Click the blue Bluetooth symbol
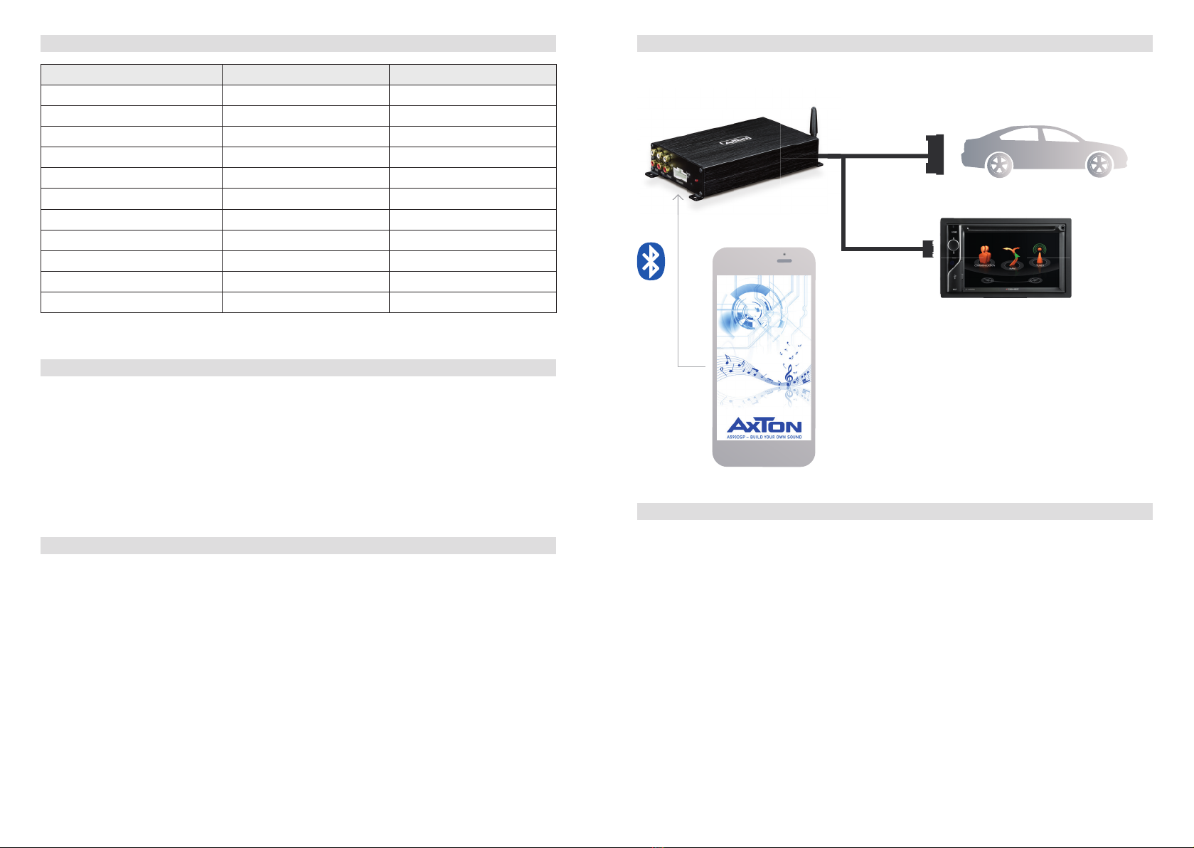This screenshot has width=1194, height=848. click(x=650, y=262)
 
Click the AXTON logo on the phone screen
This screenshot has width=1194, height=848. click(x=764, y=425)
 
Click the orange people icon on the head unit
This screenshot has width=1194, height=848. click(x=985, y=255)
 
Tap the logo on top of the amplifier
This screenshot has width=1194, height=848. click(x=736, y=141)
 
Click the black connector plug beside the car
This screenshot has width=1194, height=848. click(x=934, y=154)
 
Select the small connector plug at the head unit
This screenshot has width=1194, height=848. click(x=927, y=249)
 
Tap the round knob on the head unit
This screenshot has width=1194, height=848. click(x=954, y=246)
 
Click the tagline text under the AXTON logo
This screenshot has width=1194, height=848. click(x=764, y=437)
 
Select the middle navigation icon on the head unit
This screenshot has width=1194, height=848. click(x=1011, y=256)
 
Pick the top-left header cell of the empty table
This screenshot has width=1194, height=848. click(x=132, y=75)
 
